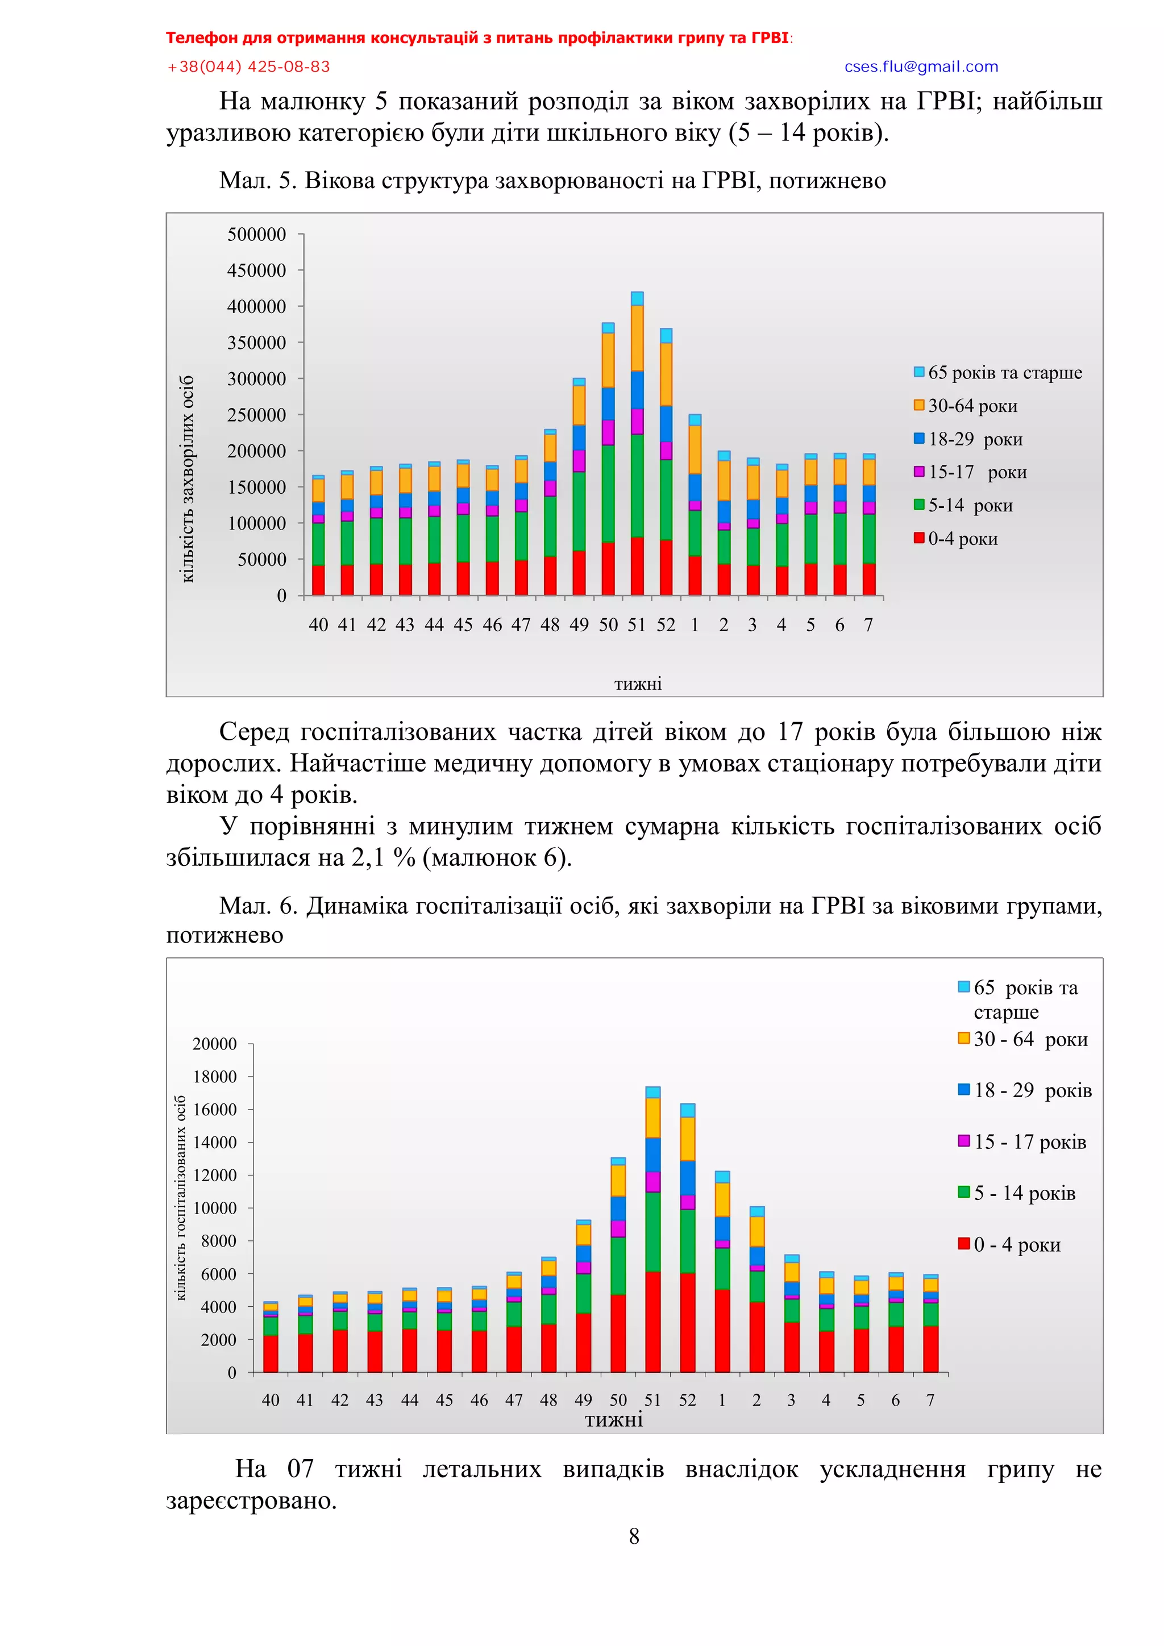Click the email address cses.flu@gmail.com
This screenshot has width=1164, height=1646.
pyautogui.click(x=921, y=66)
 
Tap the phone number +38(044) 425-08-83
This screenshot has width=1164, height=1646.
pyautogui.click(x=248, y=66)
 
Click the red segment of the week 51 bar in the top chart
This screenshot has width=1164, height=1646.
pyautogui.click(x=637, y=566)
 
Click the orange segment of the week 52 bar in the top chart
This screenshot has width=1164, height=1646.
pyautogui.click(x=666, y=374)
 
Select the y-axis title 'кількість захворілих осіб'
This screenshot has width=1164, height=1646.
pyautogui.click(x=187, y=478)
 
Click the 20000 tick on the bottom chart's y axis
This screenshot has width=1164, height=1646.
pyautogui.click(x=214, y=1044)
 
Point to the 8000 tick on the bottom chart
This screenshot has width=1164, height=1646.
pyautogui.click(x=219, y=1241)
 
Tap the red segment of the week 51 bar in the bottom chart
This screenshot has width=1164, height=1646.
pyautogui.click(x=652, y=1322)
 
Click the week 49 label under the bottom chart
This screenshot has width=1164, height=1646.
pyautogui.click(x=583, y=1399)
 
